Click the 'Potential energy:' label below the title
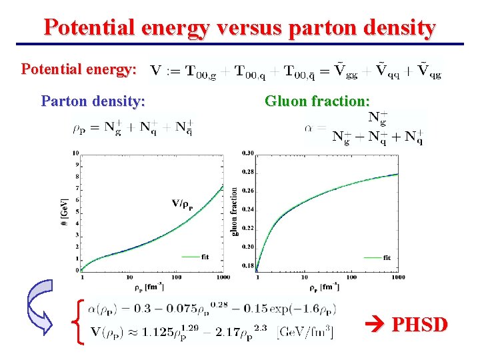[x=79, y=69]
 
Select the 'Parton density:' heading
[x=93, y=101]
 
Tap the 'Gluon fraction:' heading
[x=317, y=101]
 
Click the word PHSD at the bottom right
[x=420, y=325]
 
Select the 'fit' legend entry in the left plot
[x=203, y=256]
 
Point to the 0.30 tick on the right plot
[x=247, y=153]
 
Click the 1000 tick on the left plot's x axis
[x=223, y=277]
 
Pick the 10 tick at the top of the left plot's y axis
[x=75, y=153]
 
